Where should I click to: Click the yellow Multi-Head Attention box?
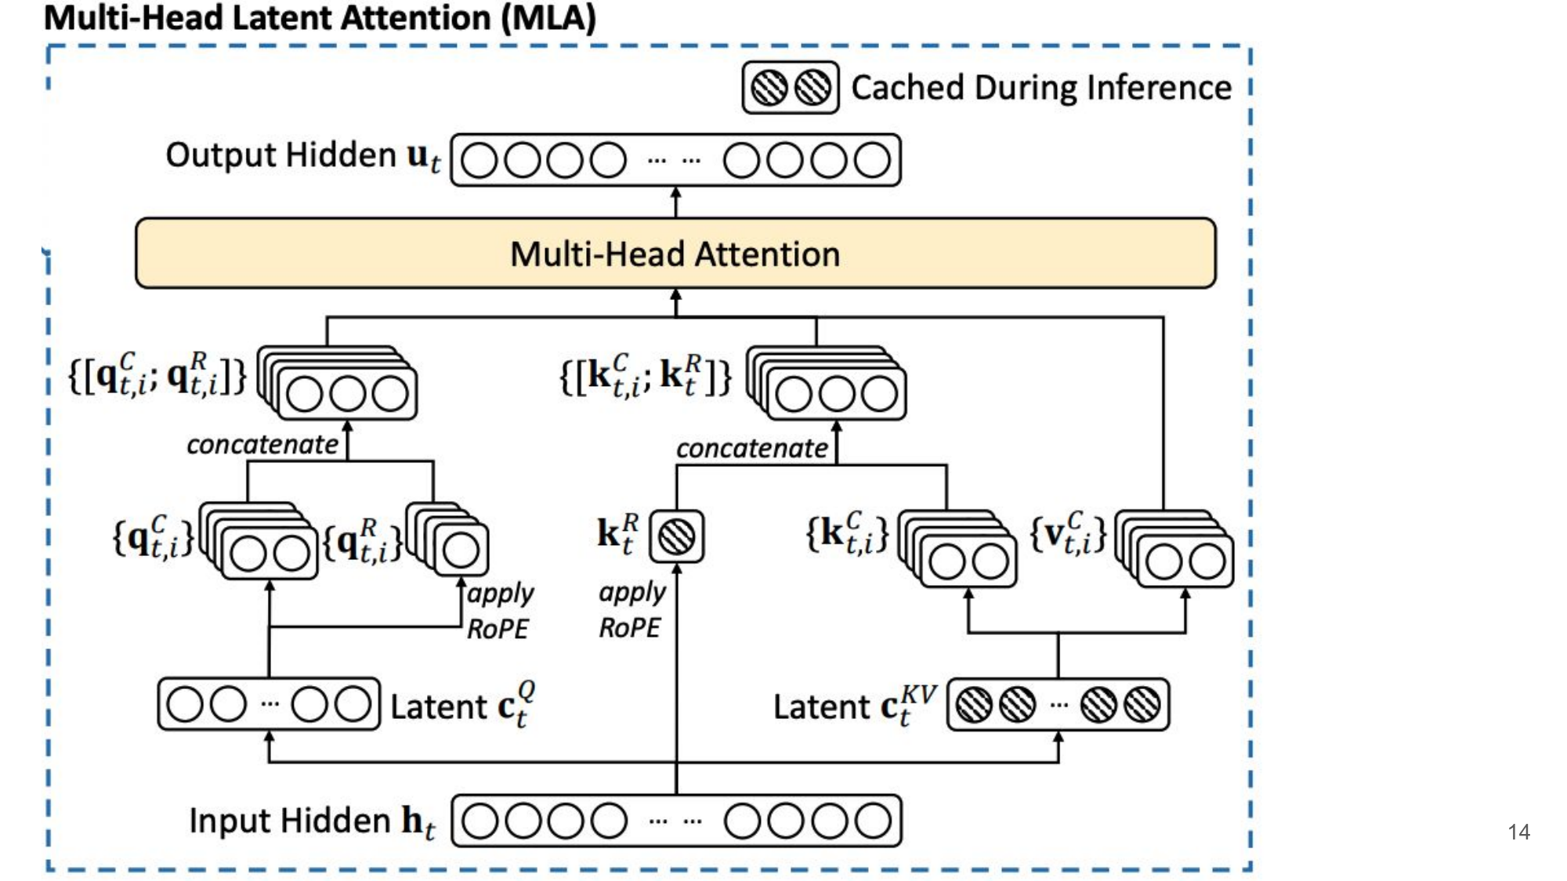pyautogui.click(x=675, y=254)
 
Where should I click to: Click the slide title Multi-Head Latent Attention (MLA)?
pyautogui.click(x=320, y=18)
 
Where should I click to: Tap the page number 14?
pyautogui.click(x=1518, y=832)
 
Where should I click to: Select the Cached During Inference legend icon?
pyautogui.click(x=791, y=88)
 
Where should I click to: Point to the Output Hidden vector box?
pyautogui.click(x=675, y=161)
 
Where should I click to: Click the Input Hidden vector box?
pyautogui.click(x=676, y=821)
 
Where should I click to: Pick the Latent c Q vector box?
pyautogui.click(x=269, y=704)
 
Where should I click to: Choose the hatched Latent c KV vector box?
pyautogui.click(x=1058, y=705)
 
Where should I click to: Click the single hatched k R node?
pyautogui.click(x=676, y=536)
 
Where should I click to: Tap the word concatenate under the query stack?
pyautogui.click(x=262, y=445)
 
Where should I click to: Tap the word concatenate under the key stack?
pyautogui.click(x=751, y=449)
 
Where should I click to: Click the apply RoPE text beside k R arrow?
pyautogui.click(x=632, y=609)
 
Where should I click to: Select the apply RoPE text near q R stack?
pyautogui.click(x=500, y=611)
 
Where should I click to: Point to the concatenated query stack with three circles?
pyautogui.click(x=339, y=384)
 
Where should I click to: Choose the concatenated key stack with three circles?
pyautogui.click(x=828, y=384)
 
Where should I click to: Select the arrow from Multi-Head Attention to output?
pyautogui.click(x=676, y=202)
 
